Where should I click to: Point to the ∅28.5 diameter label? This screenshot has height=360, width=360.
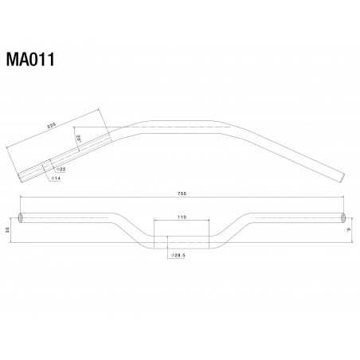click(178, 256)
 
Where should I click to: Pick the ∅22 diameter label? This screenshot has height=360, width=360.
click(61, 169)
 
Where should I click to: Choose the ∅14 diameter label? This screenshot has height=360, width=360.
click(56, 179)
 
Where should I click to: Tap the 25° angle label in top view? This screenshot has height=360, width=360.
click(79, 139)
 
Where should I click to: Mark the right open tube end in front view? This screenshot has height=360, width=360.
click(343, 217)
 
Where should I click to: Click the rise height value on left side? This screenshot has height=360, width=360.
click(7, 229)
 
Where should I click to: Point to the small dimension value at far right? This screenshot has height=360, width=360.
click(350, 229)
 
